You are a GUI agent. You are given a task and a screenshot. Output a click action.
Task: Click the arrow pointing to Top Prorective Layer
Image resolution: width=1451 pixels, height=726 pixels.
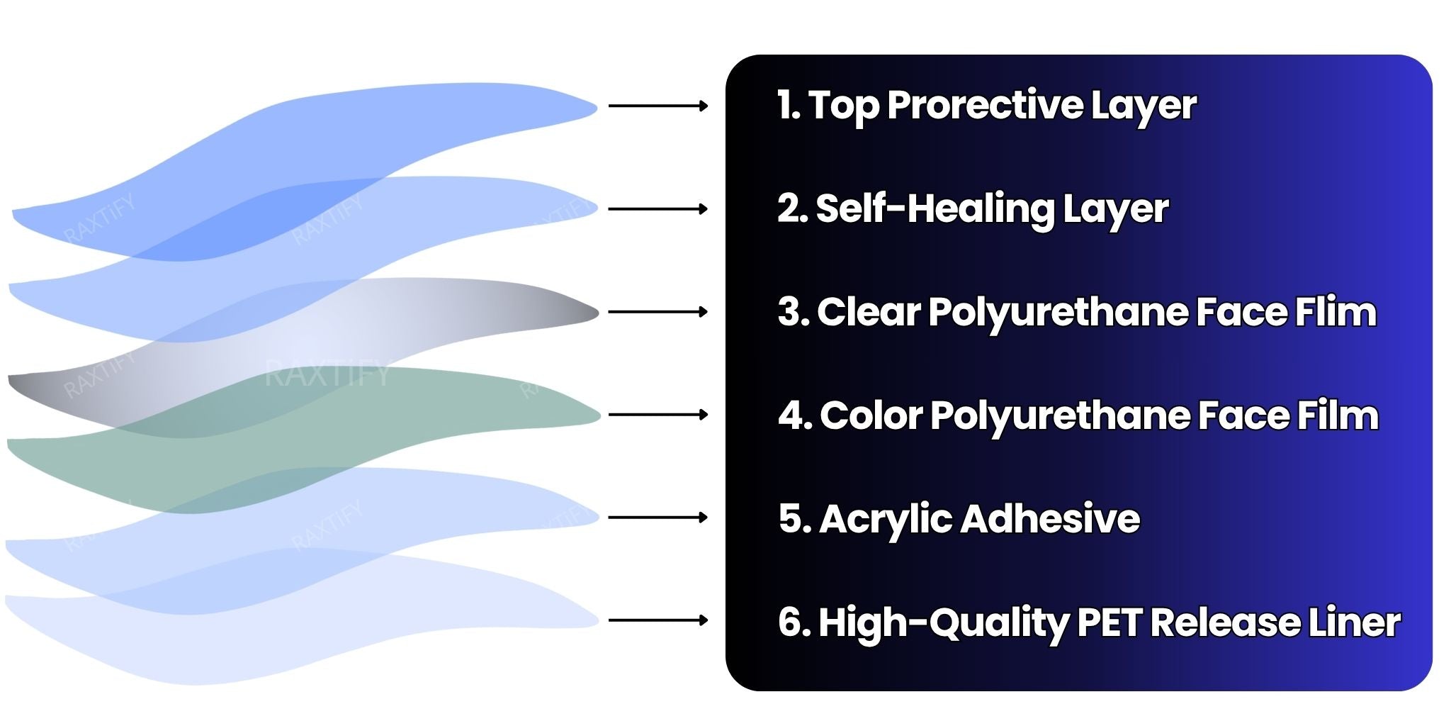[658, 106]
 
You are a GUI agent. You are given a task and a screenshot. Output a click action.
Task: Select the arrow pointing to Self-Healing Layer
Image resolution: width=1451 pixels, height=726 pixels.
[658, 209]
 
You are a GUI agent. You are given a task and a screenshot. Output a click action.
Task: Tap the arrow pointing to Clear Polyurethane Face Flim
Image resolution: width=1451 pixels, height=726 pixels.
[658, 312]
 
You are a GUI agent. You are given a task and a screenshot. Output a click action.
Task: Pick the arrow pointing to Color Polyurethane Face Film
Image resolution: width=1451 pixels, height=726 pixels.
[658, 415]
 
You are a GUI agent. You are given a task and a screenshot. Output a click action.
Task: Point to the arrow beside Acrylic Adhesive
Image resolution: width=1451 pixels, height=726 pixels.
[658, 518]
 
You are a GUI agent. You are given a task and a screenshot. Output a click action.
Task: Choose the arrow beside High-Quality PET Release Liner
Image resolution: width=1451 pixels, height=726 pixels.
[658, 620]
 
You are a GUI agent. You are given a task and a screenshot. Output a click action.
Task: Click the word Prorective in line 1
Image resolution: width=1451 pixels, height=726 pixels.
[985, 105]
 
